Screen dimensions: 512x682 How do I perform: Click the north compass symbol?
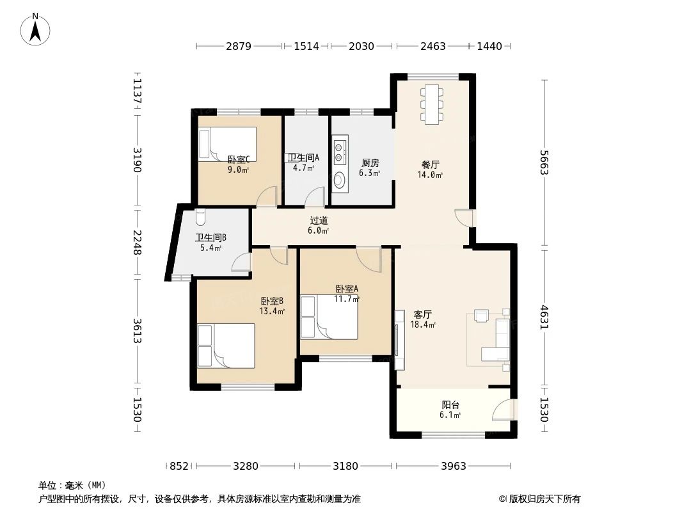[x=36, y=29]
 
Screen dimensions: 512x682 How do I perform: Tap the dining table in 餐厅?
[x=432, y=104]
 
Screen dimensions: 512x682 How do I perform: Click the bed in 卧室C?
[x=227, y=144]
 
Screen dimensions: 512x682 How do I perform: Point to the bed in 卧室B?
[x=225, y=346]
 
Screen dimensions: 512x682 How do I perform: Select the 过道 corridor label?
[x=319, y=220]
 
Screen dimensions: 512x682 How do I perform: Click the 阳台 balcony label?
[x=450, y=404]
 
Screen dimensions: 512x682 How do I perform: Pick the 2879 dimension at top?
[x=238, y=46]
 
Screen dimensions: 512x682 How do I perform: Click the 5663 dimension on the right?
[x=544, y=163]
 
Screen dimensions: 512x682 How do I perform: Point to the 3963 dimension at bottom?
[x=454, y=466]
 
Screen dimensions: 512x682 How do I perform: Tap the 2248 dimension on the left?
[x=136, y=243]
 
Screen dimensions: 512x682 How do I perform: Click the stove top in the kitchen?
[x=340, y=150]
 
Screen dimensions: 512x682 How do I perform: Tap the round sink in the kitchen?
[x=339, y=180]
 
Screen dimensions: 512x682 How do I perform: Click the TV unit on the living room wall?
[x=399, y=340]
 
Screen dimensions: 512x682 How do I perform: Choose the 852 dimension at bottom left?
[x=179, y=466]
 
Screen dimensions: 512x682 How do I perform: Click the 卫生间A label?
[x=303, y=157]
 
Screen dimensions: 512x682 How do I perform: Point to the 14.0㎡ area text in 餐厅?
[x=430, y=175]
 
